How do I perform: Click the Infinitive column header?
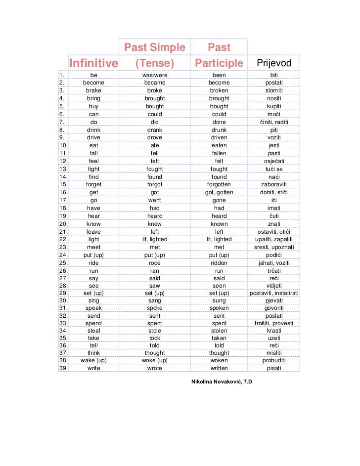coord(94,63)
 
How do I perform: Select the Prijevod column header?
coord(274,63)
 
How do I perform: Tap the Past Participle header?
coord(219,55)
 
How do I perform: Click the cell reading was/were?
coord(154,75)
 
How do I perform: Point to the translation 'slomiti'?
coord(274,91)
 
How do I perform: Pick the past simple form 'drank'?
coord(154,130)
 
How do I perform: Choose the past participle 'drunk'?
coord(219,130)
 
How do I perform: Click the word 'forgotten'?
coord(219,185)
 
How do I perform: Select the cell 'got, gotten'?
coord(219,193)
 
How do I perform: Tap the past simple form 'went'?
coord(154,201)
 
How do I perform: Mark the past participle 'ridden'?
coord(219,263)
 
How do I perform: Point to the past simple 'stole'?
coord(154,330)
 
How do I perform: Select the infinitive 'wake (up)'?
coord(93,360)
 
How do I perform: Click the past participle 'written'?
coord(219,368)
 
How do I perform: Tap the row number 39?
coord(63,368)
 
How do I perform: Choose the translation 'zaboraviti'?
coord(274,185)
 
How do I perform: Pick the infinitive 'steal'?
coord(93,330)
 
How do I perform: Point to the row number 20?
coord(63,224)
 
